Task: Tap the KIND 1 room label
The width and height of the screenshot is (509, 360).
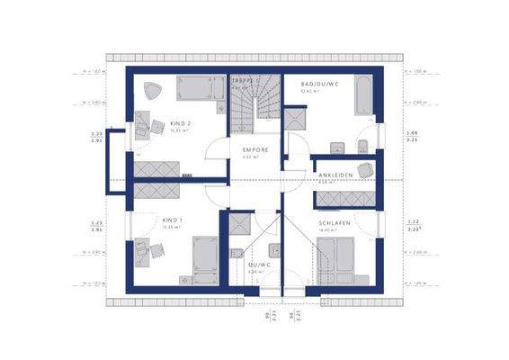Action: [173, 219]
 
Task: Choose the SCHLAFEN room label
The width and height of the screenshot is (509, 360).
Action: [334, 222]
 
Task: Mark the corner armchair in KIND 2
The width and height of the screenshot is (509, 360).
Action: [150, 89]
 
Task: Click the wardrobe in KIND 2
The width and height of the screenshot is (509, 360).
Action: [156, 167]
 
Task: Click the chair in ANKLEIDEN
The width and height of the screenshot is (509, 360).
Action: [364, 170]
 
